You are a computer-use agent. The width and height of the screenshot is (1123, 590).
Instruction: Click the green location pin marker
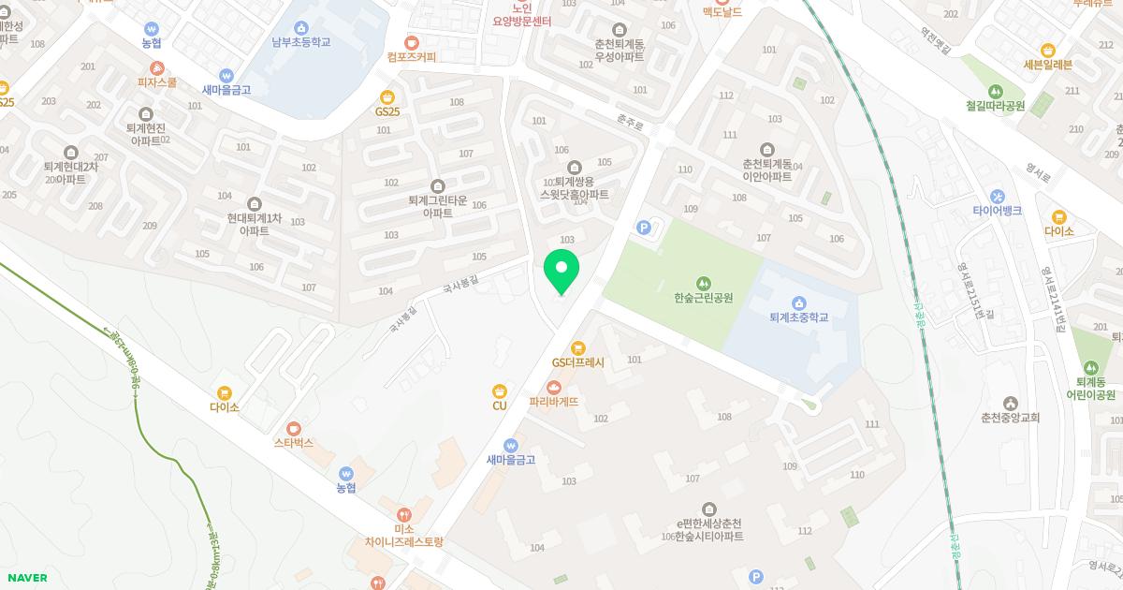pyautogui.click(x=561, y=270)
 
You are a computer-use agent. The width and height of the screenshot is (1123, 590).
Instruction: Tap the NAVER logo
pyautogui.click(x=26, y=578)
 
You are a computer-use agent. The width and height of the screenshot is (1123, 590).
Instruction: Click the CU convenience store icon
pyautogui.click(x=500, y=391)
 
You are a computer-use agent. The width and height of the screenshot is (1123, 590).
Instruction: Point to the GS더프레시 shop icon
pyautogui.click(x=578, y=347)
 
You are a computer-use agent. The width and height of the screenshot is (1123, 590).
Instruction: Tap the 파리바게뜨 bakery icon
pyautogui.click(x=554, y=387)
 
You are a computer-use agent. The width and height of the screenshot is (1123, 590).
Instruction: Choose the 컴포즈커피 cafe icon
pyautogui.click(x=411, y=42)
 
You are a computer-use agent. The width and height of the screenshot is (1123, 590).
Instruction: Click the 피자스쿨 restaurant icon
pyautogui.click(x=157, y=67)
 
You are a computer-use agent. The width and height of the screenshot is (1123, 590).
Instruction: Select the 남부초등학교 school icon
pyautogui.click(x=301, y=28)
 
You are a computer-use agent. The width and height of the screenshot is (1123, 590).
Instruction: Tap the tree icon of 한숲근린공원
pyautogui.click(x=703, y=283)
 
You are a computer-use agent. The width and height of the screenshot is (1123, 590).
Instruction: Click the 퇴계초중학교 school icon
pyautogui.click(x=799, y=302)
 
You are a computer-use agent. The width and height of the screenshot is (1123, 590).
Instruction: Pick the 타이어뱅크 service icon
pyautogui.click(x=997, y=196)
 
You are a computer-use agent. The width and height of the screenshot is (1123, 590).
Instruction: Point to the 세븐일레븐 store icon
pyautogui.click(x=1048, y=51)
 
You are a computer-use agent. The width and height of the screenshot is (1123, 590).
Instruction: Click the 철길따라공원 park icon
pyautogui.click(x=995, y=91)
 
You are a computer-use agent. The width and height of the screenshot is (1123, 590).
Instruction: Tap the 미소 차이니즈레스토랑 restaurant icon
pyautogui.click(x=404, y=514)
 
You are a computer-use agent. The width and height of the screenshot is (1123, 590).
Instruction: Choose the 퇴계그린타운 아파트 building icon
pyautogui.click(x=437, y=185)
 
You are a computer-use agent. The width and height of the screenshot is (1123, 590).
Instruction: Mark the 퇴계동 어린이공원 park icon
pyautogui.click(x=1091, y=366)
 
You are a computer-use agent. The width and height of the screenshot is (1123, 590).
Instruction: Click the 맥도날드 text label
pyautogui.click(x=722, y=12)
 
